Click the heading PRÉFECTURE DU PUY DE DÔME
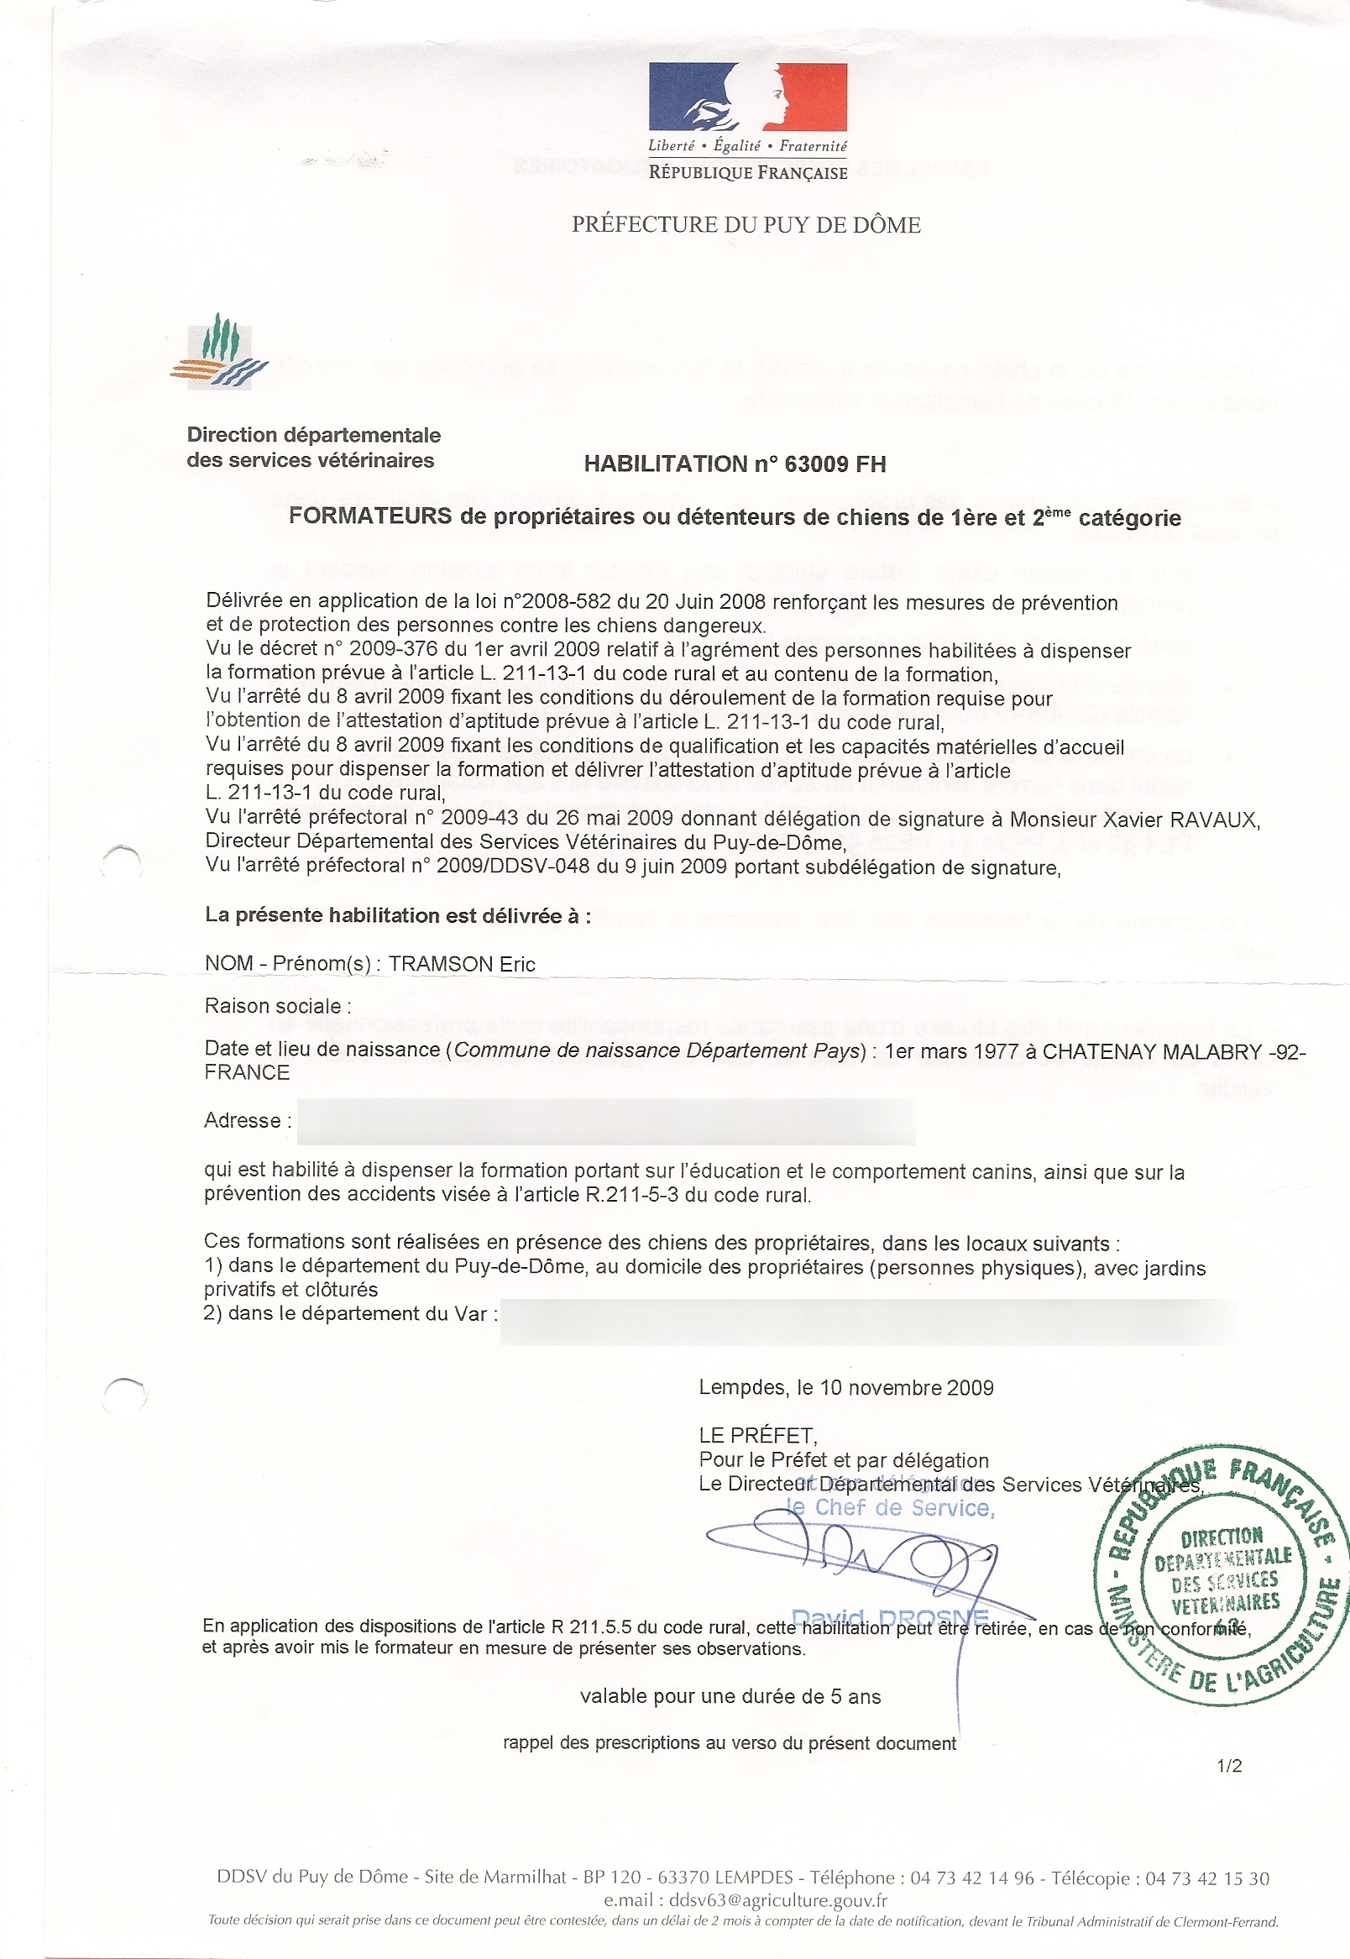pyautogui.click(x=746, y=225)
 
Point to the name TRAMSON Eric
pyautogui.click(x=462, y=964)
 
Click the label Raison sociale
pyautogui.click(x=273, y=1007)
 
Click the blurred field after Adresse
pyautogui.click(x=605, y=1122)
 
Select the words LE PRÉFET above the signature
pyautogui.click(x=757, y=1435)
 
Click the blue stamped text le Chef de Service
pyautogui.click(x=890, y=1508)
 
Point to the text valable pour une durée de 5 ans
pyautogui.click(x=730, y=1697)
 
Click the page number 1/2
pyautogui.click(x=1229, y=1766)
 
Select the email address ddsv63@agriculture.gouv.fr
pyautogui.click(x=777, y=1900)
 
